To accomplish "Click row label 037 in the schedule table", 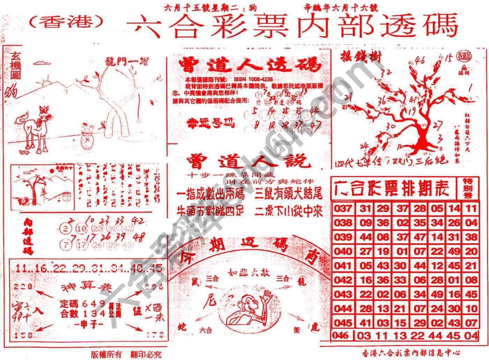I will click(343, 208).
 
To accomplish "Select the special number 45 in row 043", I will click(471, 294).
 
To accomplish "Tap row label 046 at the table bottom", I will click(341, 336).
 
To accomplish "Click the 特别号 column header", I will click(468, 188).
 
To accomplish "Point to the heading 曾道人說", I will click(248, 161).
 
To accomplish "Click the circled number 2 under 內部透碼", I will click(66, 229).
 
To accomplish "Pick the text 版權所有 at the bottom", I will click(106, 354).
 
